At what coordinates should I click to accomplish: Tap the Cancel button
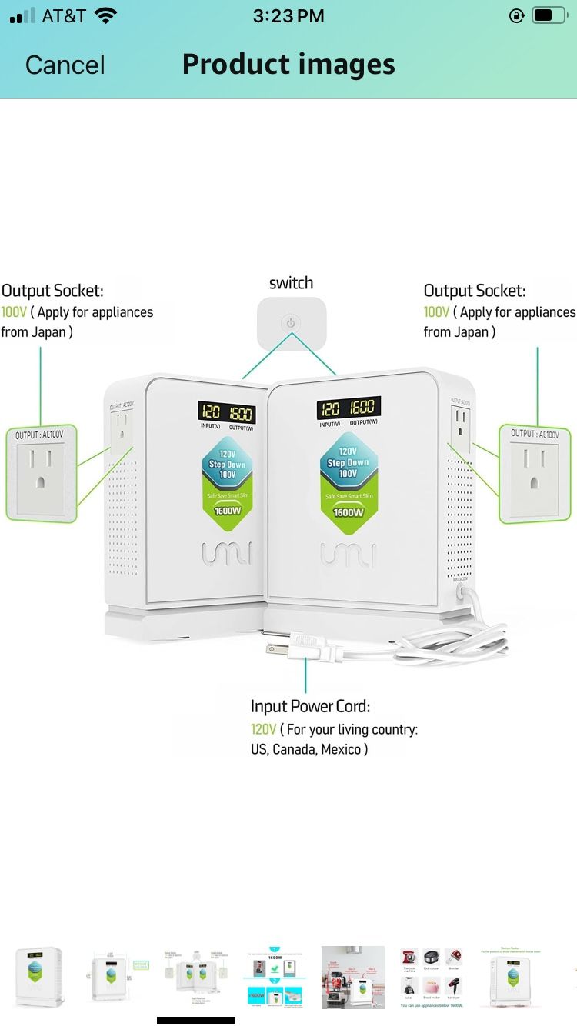[65, 65]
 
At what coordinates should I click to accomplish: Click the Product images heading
[288, 65]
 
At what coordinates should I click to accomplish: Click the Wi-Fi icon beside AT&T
[106, 15]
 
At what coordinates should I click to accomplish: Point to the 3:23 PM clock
[288, 15]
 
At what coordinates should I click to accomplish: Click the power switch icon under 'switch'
[291, 323]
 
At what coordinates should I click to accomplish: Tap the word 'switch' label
[291, 283]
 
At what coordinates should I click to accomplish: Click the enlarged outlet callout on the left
[41, 473]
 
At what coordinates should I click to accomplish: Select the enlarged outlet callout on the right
[536, 473]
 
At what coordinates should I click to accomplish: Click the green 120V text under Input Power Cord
[263, 729]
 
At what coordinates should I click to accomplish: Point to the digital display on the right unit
[349, 408]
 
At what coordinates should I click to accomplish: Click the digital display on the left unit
[227, 413]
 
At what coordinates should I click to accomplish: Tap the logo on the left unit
[226, 552]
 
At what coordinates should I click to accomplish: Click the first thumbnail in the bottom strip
[38, 977]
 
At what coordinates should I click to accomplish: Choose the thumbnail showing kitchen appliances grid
[432, 977]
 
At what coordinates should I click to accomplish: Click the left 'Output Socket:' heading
[52, 291]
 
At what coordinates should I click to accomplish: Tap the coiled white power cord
[454, 646]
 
